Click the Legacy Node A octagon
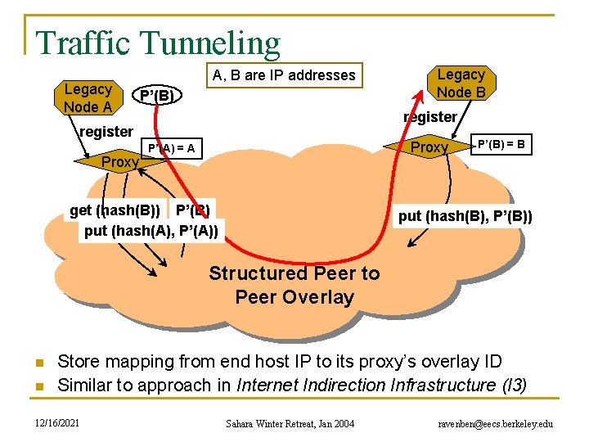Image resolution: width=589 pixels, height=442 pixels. (x=88, y=97)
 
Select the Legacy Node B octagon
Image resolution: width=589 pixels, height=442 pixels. (x=461, y=83)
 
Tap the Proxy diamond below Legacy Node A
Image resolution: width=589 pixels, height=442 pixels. (x=119, y=162)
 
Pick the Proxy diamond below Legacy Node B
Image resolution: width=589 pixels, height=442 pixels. (x=429, y=147)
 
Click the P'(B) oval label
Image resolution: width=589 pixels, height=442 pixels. (x=157, y=95)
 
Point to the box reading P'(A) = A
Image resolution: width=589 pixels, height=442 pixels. (x=172, y=148)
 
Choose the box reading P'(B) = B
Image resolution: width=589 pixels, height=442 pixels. (x=501, y=144)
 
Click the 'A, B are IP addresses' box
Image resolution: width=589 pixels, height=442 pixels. (x=285, y=75)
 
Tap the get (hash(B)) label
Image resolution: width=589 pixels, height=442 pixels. (x=115, y=210)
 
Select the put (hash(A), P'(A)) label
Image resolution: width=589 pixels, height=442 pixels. (x=151, y=230)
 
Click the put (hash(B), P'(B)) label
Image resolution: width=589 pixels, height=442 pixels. (x=465, y=216)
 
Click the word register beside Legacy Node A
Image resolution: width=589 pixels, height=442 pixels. (x=106, y=132)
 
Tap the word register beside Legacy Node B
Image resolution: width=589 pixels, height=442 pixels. (x=430, y=117)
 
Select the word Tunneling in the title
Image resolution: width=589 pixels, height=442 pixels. (x=209, y=43)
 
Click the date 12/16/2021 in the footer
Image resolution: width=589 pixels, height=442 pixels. (x=57, y=423)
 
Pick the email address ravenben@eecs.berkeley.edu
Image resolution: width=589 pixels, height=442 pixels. (x=496, y=424)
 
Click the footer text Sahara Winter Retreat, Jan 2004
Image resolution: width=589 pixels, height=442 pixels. (x=290, y=424)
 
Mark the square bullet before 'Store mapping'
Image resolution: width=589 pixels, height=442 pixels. (x=40, y=363)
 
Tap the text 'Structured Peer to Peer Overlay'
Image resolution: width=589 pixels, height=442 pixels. (x=294, y=285)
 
